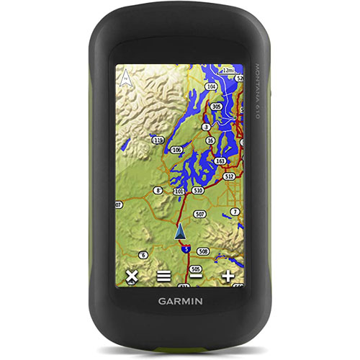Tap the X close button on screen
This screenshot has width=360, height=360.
tap(131, 276)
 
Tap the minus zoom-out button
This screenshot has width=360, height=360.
tap(196, 276)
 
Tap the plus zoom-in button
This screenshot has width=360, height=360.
tap(228, 276)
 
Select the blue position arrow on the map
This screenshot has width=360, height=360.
tap(180, 232)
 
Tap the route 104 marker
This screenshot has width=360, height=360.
tap(210, 86)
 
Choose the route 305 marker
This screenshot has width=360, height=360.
tap(216, 106)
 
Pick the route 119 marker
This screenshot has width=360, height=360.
tap(158, 138)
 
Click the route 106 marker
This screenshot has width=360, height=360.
tap(176, 150)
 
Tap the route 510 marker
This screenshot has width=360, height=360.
tap(198, 191)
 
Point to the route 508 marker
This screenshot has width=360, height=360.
tap(204, 251)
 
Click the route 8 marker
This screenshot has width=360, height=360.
tap(158, 191)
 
